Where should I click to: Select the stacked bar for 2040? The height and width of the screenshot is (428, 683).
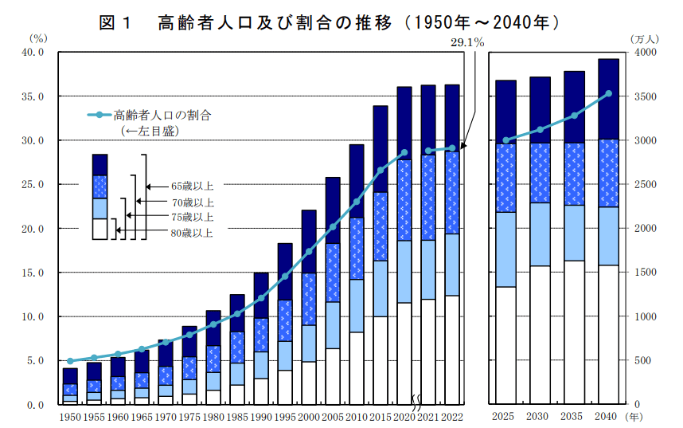pos(609,231)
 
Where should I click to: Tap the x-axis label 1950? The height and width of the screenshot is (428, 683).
pos(70,416)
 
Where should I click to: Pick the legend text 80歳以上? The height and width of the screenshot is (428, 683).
pos(192,233)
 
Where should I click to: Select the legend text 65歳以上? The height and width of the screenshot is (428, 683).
pos(192,186)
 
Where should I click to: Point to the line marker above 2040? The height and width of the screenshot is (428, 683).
pos(609,93)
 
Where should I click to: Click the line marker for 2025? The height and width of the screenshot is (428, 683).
pos(505,140)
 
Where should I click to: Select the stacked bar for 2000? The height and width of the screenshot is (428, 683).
pos(309,307)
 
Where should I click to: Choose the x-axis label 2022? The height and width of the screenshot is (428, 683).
pos(451,416)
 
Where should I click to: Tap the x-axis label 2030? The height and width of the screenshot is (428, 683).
pos(540,416)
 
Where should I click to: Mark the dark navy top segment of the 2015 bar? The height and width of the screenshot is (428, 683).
pos(381,149)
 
